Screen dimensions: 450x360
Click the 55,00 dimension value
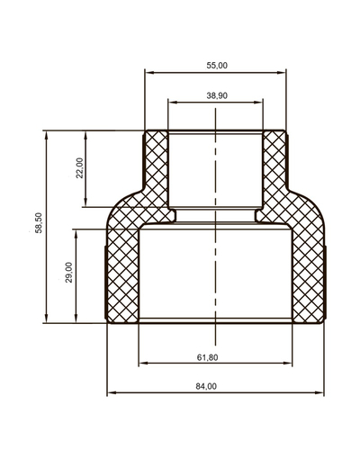tap(216, 65)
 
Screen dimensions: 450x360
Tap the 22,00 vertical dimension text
tap(79, 167)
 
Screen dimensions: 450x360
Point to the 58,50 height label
tap(37, 227)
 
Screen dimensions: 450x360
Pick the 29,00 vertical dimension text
tap(69, 272)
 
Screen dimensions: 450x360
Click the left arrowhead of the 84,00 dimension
tap(110, 393)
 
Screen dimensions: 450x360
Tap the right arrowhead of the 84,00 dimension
tap(322, 393)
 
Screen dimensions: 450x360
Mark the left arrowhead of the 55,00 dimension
tap(148, 72)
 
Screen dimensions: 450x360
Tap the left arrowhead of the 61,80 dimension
tap(142, 364)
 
